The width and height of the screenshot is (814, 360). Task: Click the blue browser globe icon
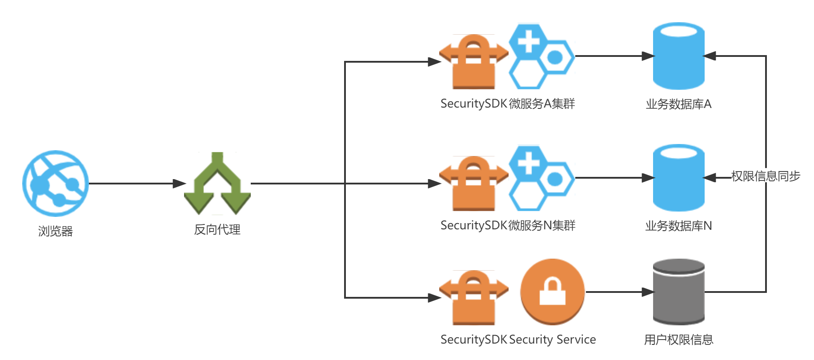56,183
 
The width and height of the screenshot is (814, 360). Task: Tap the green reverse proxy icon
217,184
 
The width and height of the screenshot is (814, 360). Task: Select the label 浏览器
55,231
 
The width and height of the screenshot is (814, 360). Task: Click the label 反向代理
217,230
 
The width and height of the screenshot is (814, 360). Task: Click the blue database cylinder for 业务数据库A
678,56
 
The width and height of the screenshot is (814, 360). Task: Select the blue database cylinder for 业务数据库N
678,178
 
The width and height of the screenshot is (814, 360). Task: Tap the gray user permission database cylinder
678,292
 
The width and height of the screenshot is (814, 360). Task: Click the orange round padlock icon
553,292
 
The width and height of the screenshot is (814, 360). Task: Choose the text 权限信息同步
766,176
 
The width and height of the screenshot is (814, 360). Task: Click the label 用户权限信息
678,340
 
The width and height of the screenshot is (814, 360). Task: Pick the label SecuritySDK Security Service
518,340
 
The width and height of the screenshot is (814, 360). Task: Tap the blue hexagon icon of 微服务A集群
541,56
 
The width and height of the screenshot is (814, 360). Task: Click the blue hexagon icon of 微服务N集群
541,178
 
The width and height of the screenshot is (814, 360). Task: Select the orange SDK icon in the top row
473,62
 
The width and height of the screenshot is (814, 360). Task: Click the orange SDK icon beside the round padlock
473,297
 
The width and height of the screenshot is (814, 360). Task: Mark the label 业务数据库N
678,226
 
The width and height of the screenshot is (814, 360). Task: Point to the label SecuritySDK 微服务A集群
508,104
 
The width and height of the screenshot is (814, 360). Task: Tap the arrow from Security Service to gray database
618,292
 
